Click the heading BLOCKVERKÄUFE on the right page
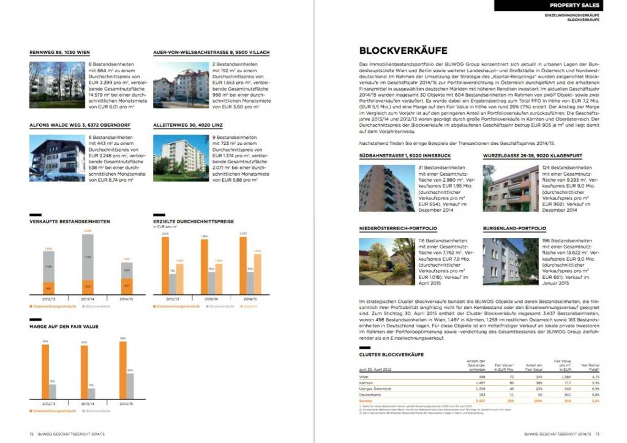click(404, 51)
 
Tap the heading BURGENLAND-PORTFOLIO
click(514, 228)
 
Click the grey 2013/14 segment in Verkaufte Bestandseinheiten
click(88, 257)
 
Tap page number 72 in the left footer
click(31, 433)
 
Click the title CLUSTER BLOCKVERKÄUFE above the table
click(391, 354)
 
